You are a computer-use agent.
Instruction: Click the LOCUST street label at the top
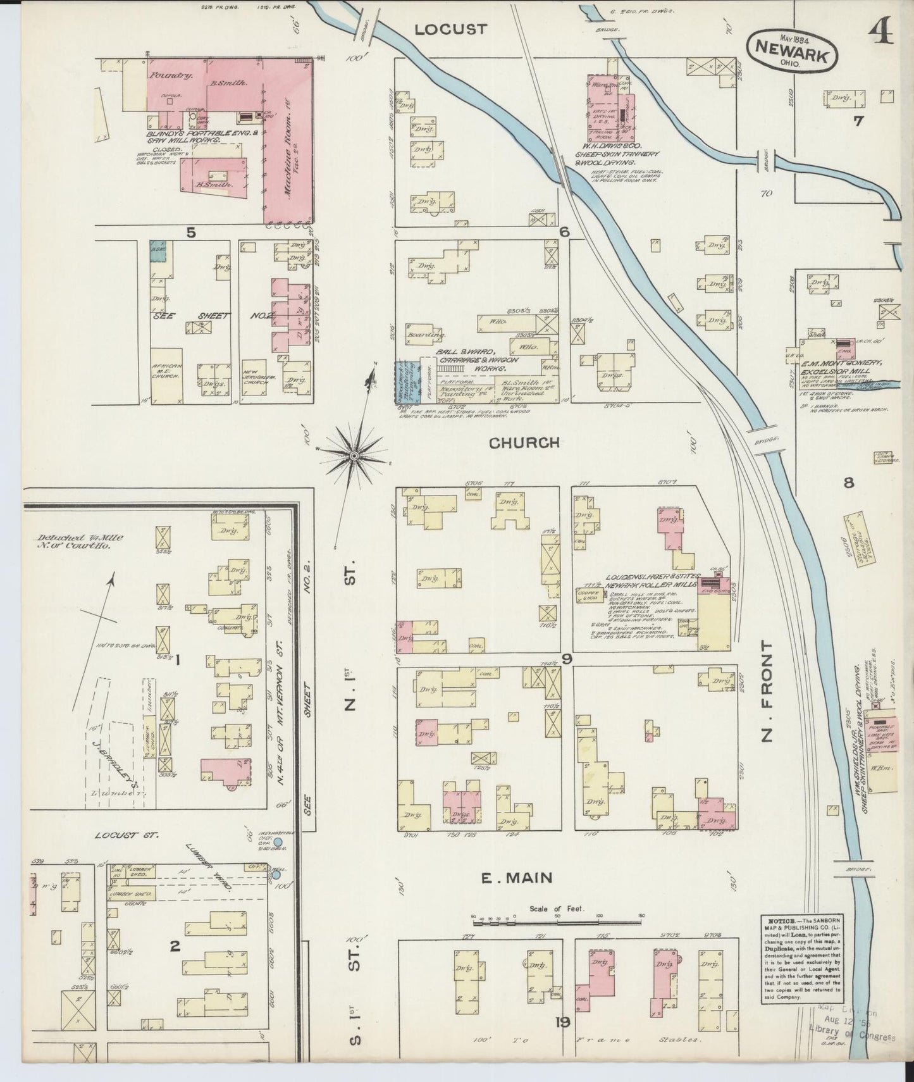click(452, 29)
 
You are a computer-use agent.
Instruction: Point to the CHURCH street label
click(524, 443)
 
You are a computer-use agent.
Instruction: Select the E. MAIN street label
click(517, 878)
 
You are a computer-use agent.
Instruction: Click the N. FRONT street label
click(768, 691)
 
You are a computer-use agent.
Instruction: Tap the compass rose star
click(355, 454)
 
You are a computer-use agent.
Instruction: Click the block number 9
click(566, 659)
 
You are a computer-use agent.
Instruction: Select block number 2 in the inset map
click(175, 947)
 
